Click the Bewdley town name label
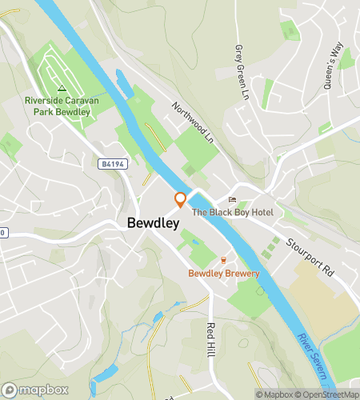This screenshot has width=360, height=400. [x=152, y=224]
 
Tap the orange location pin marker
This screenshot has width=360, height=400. [x=181, y=200]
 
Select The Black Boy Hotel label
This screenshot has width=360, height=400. [x=232, y=211]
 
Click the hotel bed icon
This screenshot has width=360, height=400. [x=233, y=199]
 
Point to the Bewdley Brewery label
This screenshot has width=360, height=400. [x=224, y=274]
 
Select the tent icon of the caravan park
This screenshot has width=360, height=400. [x=61, y=88]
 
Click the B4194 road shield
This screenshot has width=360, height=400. [x=113, y=163]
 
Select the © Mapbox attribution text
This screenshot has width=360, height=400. [x=274, y=394]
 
